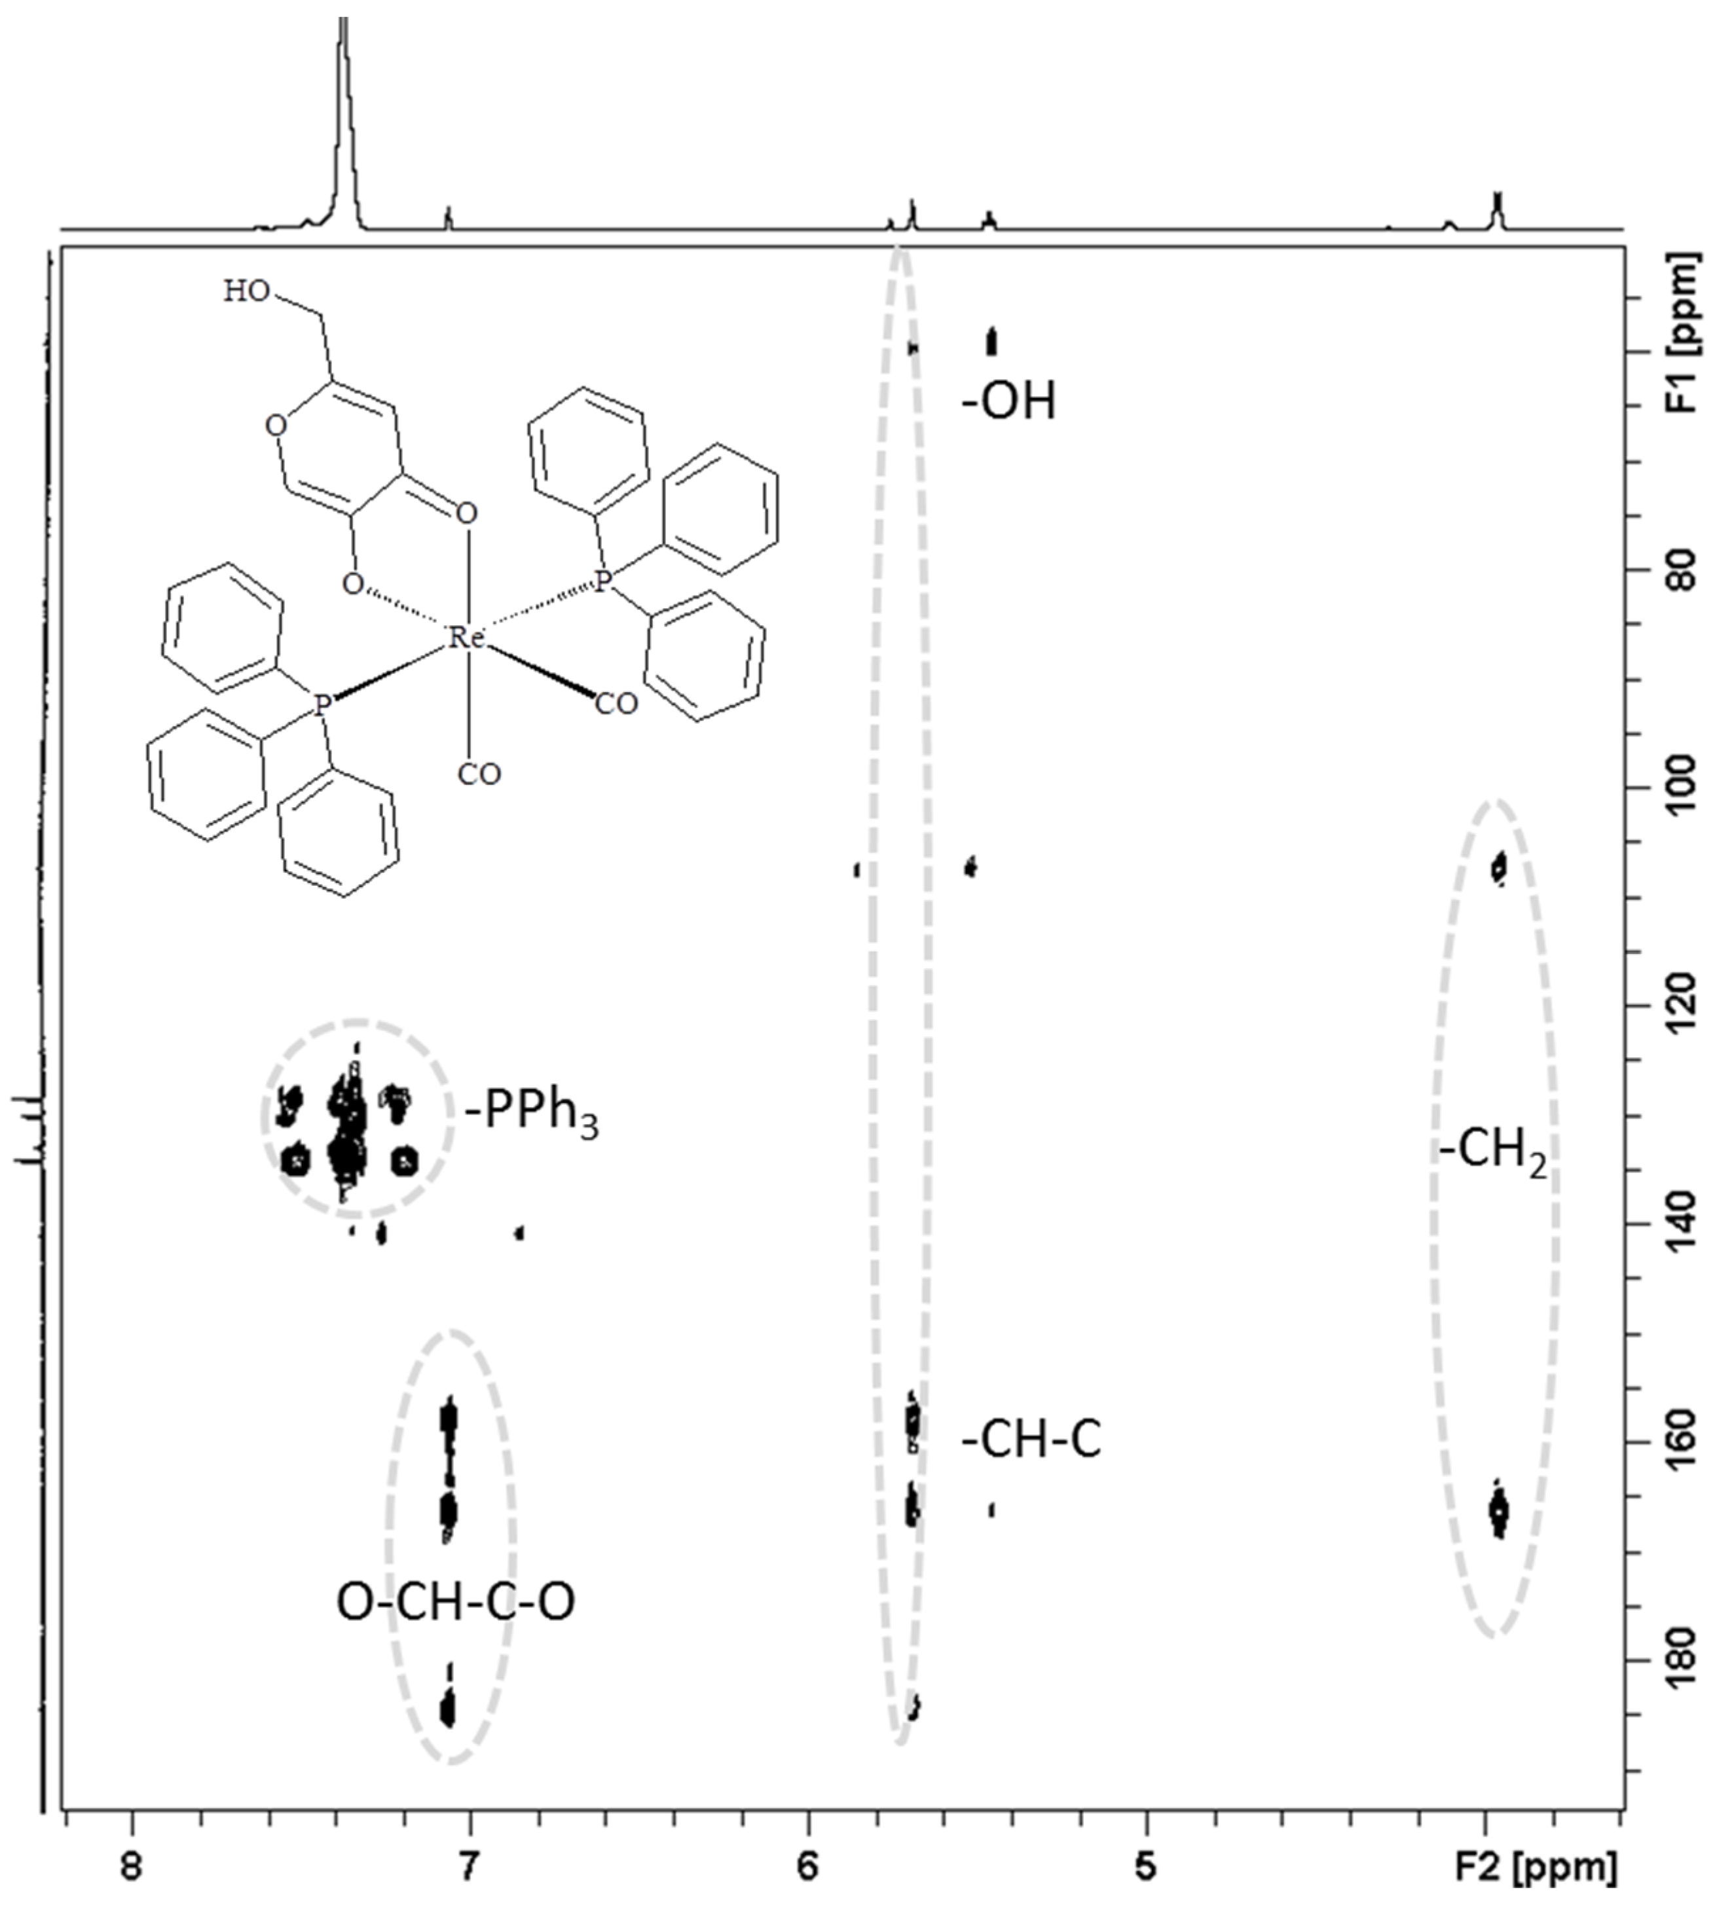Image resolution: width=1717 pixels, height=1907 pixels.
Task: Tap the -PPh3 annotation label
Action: [531, 1115]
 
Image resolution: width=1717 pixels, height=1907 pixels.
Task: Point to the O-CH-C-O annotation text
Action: [456, 1601]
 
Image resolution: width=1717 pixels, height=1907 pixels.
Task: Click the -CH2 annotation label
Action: [1492, 1152]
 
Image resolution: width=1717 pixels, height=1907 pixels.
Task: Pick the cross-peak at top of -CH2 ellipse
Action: [1498, 867]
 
